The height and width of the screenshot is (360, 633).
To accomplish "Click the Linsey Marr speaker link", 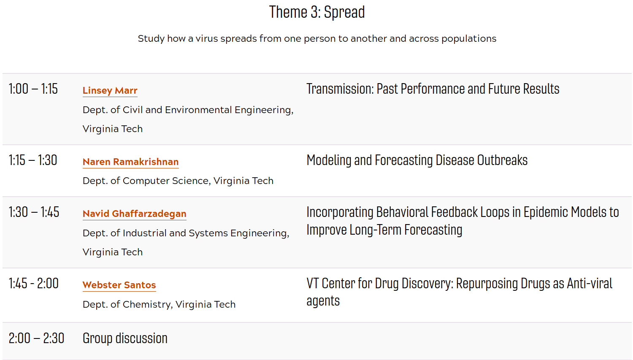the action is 110,90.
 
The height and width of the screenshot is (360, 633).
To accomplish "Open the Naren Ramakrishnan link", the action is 130,162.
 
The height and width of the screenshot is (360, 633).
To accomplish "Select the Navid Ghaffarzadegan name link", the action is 135,214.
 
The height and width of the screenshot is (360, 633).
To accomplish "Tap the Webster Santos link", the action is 119,285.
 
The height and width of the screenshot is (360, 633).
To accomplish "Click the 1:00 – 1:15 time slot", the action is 33,89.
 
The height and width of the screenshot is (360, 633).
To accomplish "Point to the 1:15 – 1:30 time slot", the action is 33,160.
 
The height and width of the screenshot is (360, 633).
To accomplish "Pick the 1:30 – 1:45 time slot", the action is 34,212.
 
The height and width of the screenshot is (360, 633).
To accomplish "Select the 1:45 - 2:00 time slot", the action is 34,283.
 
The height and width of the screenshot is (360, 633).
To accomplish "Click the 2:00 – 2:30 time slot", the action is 36,338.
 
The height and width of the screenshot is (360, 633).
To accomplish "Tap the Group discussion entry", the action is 125,338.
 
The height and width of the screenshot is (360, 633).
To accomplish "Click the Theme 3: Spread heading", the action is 317,12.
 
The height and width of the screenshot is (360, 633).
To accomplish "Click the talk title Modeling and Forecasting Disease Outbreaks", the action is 417,160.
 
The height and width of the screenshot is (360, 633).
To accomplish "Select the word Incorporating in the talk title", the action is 340,212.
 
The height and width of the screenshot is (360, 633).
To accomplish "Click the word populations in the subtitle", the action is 469,39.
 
